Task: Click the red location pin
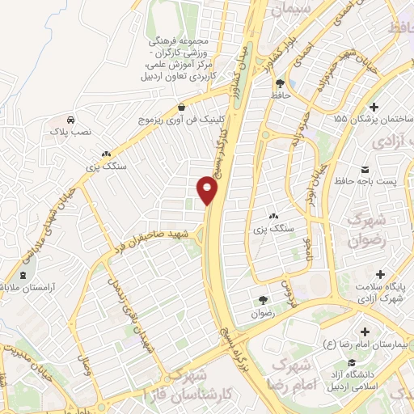208,191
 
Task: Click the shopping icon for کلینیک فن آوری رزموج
182,107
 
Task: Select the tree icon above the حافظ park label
280,82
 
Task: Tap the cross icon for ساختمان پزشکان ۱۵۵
373,107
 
